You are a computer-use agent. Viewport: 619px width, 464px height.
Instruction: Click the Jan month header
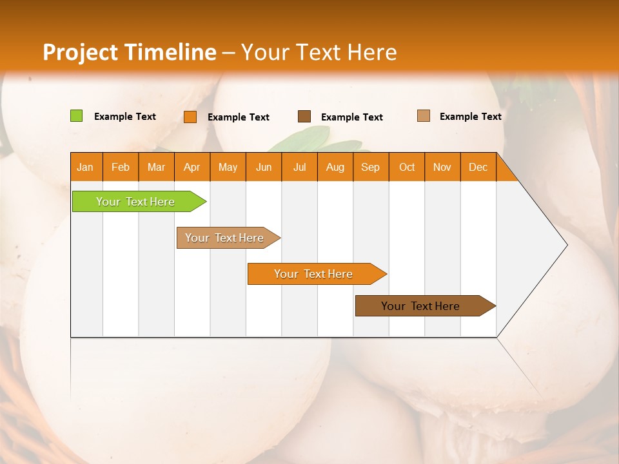[x=86, y=167]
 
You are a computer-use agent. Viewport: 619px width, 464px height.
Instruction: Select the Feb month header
[x=121, y=167]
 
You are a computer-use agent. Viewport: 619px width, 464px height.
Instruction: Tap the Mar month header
[x=156, y=167]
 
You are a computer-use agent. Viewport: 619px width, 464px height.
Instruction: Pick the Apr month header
[x=192, y=167]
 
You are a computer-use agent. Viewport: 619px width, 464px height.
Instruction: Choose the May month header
[x=228, y=167]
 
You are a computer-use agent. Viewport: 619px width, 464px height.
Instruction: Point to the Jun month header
[x=264, y=167]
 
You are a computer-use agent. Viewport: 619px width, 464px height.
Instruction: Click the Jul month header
[x=299, y=167]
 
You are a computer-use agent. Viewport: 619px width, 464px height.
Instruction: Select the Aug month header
[x=335, y=167]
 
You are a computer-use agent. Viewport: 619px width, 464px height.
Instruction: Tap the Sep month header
[x=371, y=167]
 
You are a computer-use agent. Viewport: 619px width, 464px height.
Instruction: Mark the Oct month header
[x=407, y=167]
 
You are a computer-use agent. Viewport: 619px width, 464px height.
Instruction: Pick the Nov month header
[x=442, y=167]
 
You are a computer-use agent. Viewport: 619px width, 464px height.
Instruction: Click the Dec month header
[x=478, y=167]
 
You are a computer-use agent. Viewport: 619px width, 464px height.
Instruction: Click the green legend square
[x=77, y=116]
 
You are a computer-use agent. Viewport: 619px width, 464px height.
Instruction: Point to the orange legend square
[x=190, y=117]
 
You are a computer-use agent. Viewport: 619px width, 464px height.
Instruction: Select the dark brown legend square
[x=304, y=117]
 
